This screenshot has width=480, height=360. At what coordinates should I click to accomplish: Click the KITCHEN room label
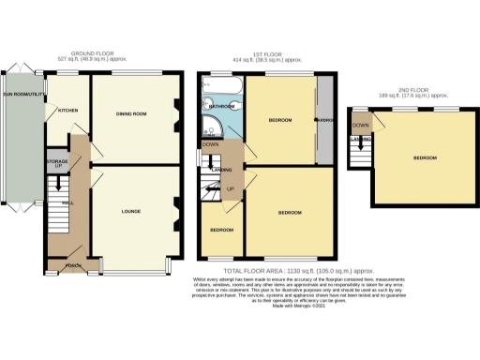tap(67, 111)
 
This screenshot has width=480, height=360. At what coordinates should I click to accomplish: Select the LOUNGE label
tap(131, 212)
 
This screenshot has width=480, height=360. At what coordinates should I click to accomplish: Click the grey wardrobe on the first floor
tap(324, 121)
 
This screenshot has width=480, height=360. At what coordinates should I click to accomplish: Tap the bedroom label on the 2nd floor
tap(424, 157)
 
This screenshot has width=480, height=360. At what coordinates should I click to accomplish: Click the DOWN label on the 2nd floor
tap(360, 125)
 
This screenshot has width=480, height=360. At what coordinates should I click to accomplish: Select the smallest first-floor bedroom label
tap(221, 230)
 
